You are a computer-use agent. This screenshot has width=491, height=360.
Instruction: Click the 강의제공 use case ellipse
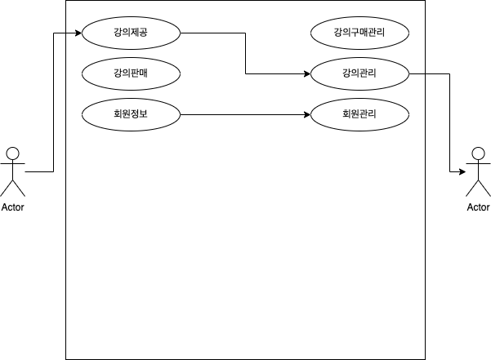point(131,33)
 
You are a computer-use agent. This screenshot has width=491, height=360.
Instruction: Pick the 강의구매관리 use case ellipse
point(359,33)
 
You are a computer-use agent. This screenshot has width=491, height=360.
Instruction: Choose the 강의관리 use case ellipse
point(359,74)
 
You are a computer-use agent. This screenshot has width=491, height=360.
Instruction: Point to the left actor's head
point(12,153)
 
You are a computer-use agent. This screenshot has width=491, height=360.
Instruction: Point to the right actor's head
point(478,153)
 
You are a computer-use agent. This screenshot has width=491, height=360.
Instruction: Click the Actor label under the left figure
point(12,207)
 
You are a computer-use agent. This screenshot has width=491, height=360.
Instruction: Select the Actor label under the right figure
point(478,207)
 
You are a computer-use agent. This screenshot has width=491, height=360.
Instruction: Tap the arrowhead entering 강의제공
point(78,33)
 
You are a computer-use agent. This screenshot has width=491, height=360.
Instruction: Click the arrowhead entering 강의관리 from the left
point(307,74)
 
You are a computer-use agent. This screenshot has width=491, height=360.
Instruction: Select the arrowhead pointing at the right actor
point(462,172)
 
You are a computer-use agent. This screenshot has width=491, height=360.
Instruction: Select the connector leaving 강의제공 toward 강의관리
point(245,54)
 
